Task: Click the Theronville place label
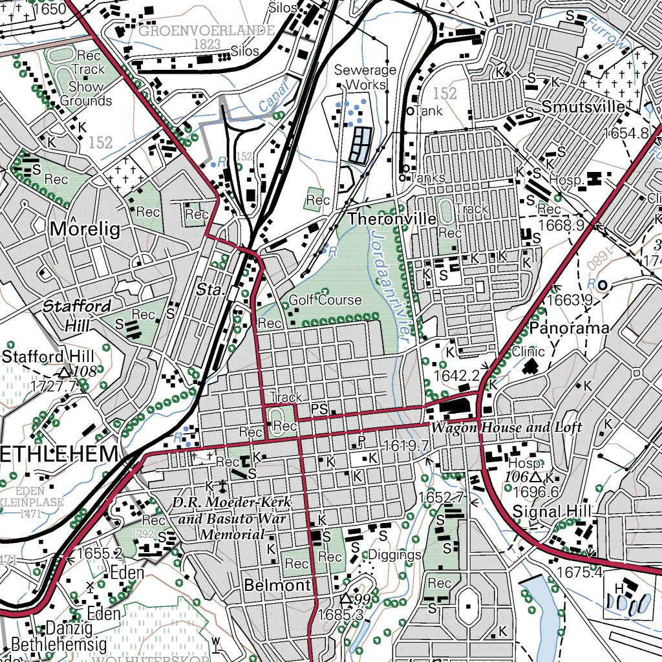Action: click(392, 219)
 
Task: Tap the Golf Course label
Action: click(325, 300)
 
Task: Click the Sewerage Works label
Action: click(365, 77)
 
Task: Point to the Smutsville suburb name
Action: click(583, 107)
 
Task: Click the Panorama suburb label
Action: click(569, 328)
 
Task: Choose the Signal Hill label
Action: click(551, 511)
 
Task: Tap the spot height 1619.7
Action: click(406, 445)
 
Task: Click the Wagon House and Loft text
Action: click(506, 427)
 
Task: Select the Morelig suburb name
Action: click(85, 230)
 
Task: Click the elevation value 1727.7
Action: click(53, 385)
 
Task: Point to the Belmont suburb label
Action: click(277, 586)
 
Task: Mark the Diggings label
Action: click(394, 555)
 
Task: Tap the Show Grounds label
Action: click(86, 94)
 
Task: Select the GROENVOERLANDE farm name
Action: click(206, 30)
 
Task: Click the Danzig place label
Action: click(70, 628)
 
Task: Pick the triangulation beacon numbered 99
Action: click(347, 599)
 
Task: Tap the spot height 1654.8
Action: click(626, 133)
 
